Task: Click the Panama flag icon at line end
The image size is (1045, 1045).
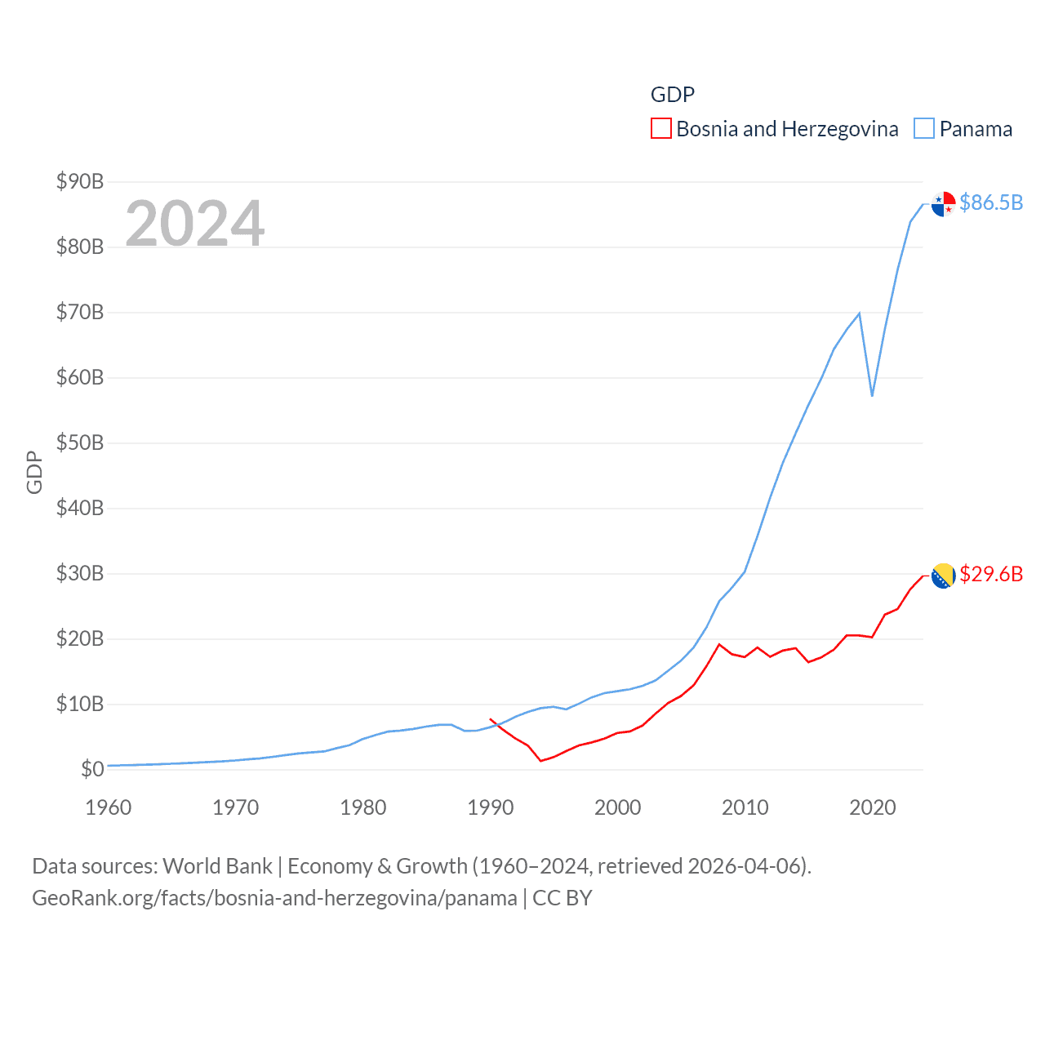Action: [x=943, y=204]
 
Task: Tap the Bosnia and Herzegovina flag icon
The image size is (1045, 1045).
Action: [x=943, y=576]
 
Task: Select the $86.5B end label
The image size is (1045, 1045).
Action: [x=991, y=202]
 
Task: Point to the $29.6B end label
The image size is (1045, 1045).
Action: [x=991, y=574]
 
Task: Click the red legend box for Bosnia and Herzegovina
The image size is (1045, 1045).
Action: [x=660, y=129]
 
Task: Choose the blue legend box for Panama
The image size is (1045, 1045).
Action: [x=923, y=129]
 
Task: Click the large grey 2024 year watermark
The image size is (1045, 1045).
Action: [x=195, y=223]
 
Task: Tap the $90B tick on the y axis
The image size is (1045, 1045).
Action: [x=80, y=181]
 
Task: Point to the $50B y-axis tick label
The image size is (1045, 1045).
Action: [x=80, y=442]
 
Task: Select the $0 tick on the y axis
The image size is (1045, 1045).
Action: [x=92, y=769]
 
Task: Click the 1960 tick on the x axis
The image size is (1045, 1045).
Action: [x=109, y=807]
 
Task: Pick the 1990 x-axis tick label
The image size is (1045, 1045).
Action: [x=491, y=807]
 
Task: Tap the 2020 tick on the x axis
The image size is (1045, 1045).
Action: [x=873, y=807]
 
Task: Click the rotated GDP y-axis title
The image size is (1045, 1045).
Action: [x=34, y=472]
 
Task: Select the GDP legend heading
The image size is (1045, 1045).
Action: [x=672, y=95]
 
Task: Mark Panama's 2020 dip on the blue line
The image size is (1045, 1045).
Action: [x=872, y=396]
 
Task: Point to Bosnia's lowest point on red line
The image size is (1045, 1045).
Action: [x=540, y=761]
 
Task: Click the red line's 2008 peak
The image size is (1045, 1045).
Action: [x=719, y=644]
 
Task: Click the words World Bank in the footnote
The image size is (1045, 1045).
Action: [x=217, y=866]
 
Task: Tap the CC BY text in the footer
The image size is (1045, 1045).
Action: [x=562, y=898]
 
